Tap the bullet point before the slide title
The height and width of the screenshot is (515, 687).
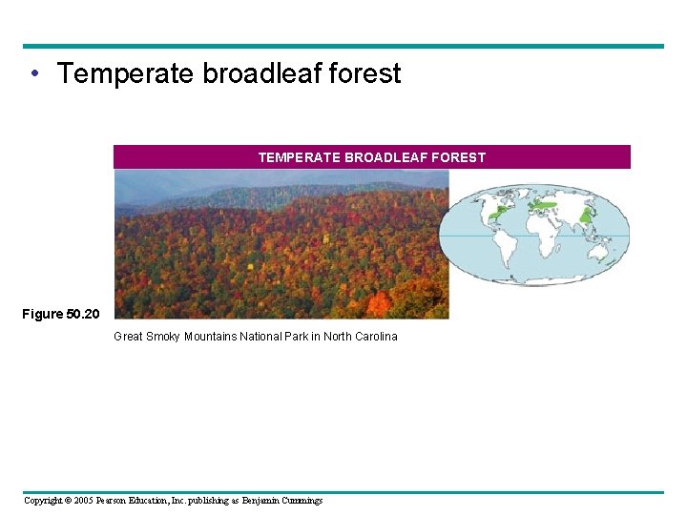34,73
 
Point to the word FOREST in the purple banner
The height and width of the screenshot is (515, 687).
457,157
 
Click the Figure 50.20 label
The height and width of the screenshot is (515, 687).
60,314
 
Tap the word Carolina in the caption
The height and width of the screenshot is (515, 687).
373,337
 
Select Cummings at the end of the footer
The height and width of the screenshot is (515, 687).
299,501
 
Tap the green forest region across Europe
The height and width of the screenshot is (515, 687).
545,203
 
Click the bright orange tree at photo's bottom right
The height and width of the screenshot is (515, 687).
381,304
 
